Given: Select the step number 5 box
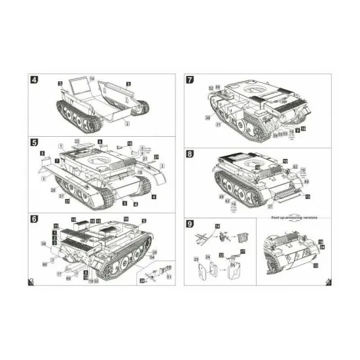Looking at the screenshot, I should pyautogui.click(x=34, y=142).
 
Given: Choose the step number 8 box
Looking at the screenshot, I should pyautogui.click(x=190, y=154).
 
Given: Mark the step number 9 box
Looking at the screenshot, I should pyautogui.click(x=190, y=223).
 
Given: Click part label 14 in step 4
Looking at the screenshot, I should pyautogui.click(x=92, y=79).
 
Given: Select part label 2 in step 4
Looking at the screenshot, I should pyautogui.click(x=128, y=122).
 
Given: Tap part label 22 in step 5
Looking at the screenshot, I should pyautogui.click(x=77, y=141).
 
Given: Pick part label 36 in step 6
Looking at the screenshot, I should pyautogui.click(x=44, y=245).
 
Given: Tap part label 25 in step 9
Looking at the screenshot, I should pyautogui.click(x=196, y=259).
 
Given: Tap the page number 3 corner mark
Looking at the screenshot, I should pyautogui.click(x=31, y=281).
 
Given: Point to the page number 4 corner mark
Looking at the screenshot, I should pyautogui.click(x=328, y=281).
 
